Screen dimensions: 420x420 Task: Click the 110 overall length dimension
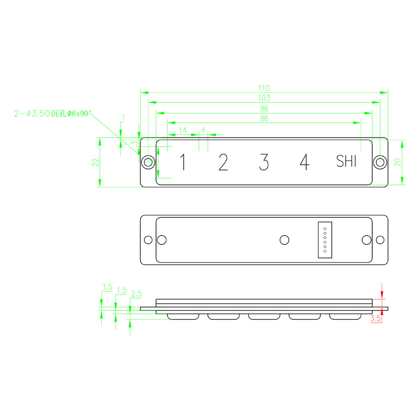(264, 88)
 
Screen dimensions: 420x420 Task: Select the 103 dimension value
(264, 98)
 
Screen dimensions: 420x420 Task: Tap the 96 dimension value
(264, 109)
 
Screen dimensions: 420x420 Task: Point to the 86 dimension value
(264, 119)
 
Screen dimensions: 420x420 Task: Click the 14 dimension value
(183, 130)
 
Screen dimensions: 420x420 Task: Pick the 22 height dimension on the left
(96, 162)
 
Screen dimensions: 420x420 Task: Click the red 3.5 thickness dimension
(375, 318)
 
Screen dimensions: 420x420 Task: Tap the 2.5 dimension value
(136, 293)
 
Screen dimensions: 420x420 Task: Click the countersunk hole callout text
(53, 113)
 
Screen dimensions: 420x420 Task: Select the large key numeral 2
(223, 163)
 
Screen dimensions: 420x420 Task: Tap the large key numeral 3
(264, 163)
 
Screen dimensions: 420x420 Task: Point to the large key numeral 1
(183, 163)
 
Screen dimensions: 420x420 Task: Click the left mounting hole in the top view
(149, 162)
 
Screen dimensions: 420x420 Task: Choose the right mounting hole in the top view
(380, 162)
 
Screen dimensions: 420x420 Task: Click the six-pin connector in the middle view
(325, 239)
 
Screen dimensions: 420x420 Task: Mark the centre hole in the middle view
(285, 240)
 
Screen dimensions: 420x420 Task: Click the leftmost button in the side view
(183, 317)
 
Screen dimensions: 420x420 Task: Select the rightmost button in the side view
(345, 317)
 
